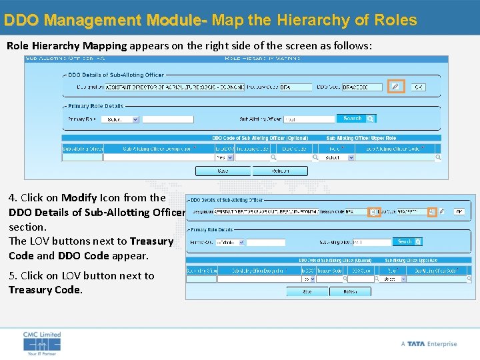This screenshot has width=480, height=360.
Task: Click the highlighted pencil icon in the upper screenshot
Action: [396, 87]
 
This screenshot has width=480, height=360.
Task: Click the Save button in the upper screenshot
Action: [223, 171]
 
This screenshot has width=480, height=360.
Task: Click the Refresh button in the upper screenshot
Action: [280, 171]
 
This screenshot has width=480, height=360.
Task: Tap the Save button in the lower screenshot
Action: [307, 291]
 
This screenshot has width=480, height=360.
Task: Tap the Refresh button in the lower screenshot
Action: [350, 291]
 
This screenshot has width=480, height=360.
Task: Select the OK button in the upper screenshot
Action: [418, 87]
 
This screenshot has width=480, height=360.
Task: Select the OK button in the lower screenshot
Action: [459, 211]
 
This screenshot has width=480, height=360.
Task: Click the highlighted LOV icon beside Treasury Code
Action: [374, 211]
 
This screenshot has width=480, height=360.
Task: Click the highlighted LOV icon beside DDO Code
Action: [432, 211]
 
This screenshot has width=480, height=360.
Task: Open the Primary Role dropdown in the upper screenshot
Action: [122, 119]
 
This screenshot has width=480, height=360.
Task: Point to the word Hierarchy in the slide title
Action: [306, 20]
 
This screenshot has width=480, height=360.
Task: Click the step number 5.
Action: [12, 275]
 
